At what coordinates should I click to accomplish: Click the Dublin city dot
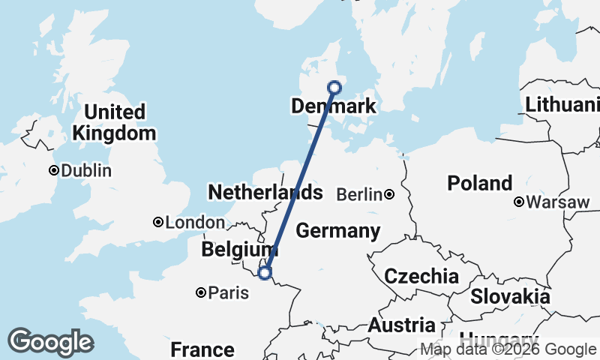click(x=54, y=170)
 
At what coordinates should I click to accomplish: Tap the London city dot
click(x=158, y=222)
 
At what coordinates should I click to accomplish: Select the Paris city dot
click(x=201, y=292)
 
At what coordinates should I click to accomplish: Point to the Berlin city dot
click(x=389, y=195)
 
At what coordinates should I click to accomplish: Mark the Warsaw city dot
click(x=518, y=202)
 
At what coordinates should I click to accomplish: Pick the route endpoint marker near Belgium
click(x=265, y=272)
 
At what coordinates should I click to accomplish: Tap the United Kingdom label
click(x=115, y=123)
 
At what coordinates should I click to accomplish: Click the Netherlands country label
click(x=265, y=193)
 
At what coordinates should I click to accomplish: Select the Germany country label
click(x=337, y=231)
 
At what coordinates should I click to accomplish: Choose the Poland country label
click(x=479, y=183)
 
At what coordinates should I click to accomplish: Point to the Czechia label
click(x=421, y=276)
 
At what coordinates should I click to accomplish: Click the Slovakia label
click(x=510, y=296)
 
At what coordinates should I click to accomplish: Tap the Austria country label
click(x=401, y=325)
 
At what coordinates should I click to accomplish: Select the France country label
click(x=202, y=349)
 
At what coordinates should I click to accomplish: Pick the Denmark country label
click(x=333, y=107)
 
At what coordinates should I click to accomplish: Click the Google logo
click(x=50, y=342)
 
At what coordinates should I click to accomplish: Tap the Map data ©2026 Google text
click(x=508, y=349)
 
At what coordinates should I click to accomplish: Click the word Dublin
click(x=86, y=171)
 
